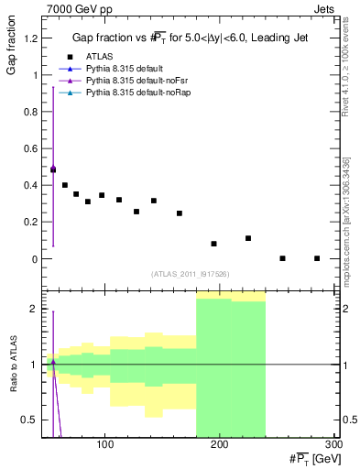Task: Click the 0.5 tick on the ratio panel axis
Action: [x=30, y=420]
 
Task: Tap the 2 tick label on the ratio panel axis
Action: [x=34, y=309]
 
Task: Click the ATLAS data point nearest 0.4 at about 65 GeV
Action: [x=64, y=185]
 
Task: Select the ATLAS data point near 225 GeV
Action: [x=248, y=238]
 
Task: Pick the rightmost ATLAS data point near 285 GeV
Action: [x=317, y=258]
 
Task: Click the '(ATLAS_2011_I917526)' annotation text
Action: [x=189, y=275]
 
